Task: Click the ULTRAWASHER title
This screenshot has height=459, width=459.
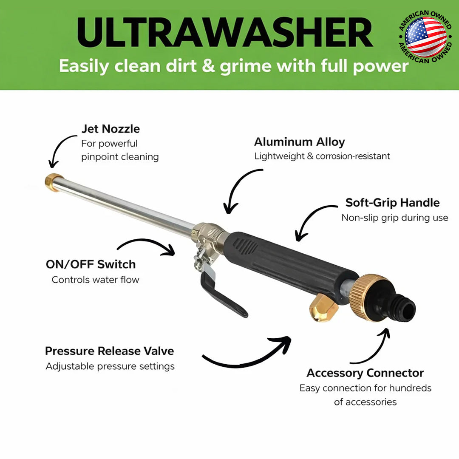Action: tap(225, 33)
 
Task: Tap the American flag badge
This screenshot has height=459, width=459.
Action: tap(425, 37)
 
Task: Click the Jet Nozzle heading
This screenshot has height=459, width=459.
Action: tap(110, 129)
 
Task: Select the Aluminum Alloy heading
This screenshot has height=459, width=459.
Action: tap(299, 142)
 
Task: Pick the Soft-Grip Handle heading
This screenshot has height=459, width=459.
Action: tap(392, 202)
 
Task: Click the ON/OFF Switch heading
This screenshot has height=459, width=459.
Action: tap(91, 264)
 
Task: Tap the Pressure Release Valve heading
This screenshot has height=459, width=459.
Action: tap(109, 351)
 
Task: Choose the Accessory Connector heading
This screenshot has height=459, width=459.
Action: tap(365, 373)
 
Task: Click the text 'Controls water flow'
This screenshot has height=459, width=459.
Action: tap(95, 280)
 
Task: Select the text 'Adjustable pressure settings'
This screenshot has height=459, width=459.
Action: tap(110, 366)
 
